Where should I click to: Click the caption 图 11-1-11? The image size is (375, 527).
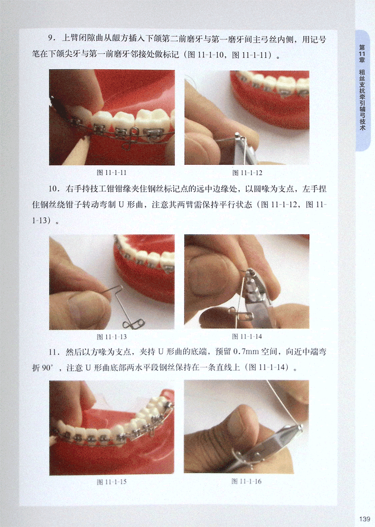111,172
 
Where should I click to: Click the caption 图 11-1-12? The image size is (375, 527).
247,173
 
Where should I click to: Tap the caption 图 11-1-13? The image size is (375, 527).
111,337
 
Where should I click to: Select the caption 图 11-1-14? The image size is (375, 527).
247,337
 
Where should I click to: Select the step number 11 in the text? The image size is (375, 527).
54,352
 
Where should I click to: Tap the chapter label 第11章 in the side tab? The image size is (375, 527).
362,54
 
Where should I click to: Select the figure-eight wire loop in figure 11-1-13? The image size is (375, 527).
133,323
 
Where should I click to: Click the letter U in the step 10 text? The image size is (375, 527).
121,204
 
